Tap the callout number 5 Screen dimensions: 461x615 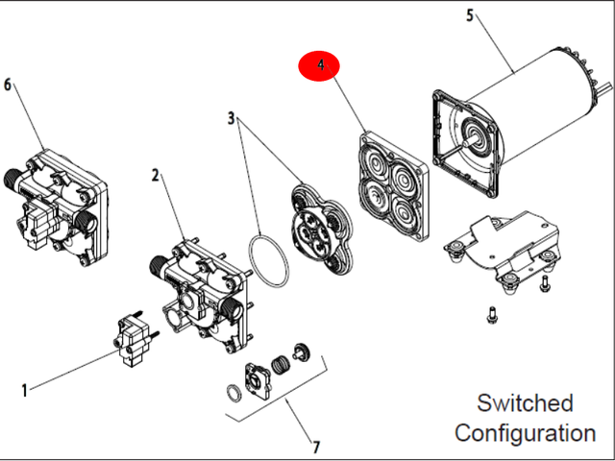[470, 15]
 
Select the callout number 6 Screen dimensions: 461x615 [9, 85]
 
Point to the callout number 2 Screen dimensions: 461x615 [156, 175]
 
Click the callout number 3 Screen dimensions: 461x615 [232, 118]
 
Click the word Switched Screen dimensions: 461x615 [525, 402]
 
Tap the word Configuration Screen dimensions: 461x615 [525, 433]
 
